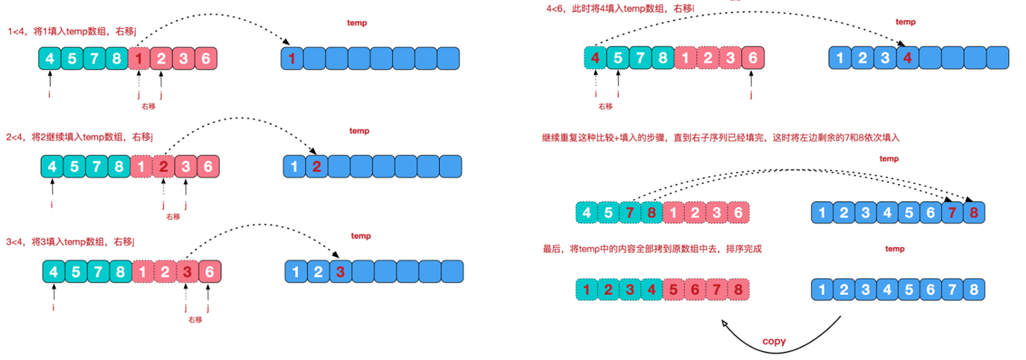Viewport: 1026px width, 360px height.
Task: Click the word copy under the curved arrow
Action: click(x=774, y=342)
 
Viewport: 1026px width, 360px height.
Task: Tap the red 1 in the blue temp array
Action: click(x=292, y=57)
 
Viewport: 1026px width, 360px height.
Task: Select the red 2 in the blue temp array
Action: click(x=316, y=167)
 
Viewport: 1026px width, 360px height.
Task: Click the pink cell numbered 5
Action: click(x=675, y=289)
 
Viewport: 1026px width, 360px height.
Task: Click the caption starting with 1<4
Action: click(x=72, y=31)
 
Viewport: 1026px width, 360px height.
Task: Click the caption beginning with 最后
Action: click(x=652, y=249)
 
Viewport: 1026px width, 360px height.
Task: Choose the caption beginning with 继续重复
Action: click(x=724, y=138)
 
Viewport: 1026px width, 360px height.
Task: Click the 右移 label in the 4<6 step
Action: click(x=605, y=106)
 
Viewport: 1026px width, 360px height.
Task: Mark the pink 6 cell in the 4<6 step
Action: click(x=753, y=59)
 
